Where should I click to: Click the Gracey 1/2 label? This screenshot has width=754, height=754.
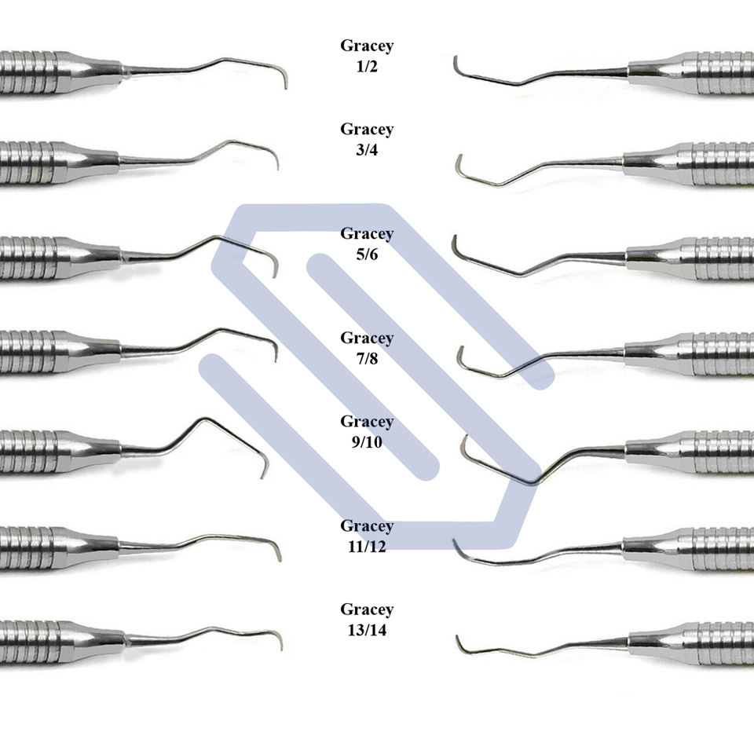367,57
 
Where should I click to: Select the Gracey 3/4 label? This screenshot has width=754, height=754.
367,140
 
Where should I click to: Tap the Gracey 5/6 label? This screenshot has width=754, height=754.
367,244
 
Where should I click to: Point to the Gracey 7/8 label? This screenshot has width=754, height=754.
367,349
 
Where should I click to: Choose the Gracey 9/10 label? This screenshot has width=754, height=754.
367,432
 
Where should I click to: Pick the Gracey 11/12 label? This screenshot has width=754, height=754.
367,536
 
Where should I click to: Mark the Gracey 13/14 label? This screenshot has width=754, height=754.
367,619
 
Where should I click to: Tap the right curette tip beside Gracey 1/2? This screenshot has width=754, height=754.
456,60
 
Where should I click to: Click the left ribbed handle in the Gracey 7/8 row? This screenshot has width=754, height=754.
31,351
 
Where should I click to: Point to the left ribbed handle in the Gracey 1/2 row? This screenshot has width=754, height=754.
31,72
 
